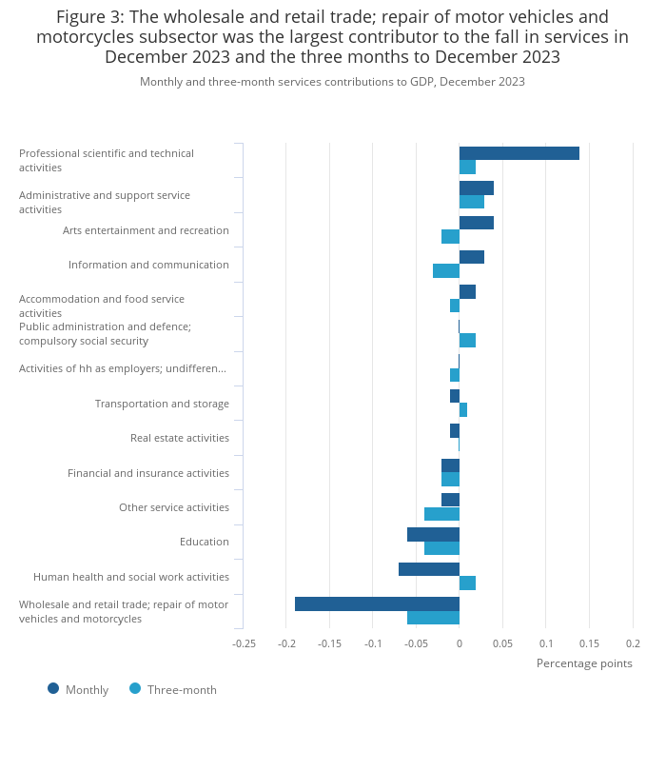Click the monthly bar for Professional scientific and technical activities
519,153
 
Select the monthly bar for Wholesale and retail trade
377,603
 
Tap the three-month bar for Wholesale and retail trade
433,618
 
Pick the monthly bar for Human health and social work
428,569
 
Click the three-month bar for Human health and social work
467,583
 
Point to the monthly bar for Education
433,534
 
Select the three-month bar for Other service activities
441,514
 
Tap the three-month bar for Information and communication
445,271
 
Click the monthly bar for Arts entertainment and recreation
476,223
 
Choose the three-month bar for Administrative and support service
471,202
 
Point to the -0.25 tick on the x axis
244,643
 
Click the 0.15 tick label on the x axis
589,643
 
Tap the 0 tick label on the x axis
459,643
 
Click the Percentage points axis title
584,663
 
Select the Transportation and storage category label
162,404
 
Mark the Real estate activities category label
179,438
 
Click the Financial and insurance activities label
147,473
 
